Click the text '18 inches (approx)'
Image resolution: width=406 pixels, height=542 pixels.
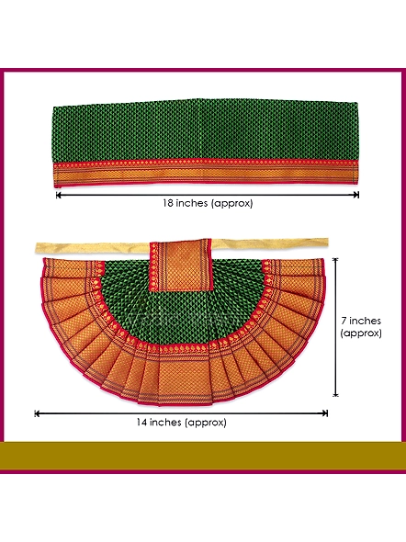tap(208, 203)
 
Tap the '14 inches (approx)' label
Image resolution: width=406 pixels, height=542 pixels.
tap(181, 422)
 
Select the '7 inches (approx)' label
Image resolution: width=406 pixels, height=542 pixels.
tap(361, 327)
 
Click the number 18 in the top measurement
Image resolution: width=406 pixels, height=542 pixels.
tap(168, 203)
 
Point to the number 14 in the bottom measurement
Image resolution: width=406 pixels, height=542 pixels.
tap(141, 422)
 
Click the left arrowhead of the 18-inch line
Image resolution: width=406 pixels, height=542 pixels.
tap(58, 196)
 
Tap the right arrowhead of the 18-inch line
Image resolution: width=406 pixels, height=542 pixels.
tap(356, 196)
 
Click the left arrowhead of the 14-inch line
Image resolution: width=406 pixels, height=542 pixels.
tap(37, 413)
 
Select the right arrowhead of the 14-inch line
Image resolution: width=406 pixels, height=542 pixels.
tap(325, 413)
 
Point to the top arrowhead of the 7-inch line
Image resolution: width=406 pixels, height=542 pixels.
tap(335, 260)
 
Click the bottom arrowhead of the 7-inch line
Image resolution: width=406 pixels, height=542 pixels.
tap(335, 394)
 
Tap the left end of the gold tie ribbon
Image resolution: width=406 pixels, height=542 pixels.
tap(37, 247)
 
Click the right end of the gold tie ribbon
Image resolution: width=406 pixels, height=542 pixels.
tap(326, 243)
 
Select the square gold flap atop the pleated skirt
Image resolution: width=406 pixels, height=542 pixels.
tap(181, 265)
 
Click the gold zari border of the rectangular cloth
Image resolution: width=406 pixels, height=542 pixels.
tap(207, 173)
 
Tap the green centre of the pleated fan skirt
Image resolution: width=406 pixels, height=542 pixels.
tap(180, 314)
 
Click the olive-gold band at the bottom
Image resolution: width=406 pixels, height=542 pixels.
tap(203, 456)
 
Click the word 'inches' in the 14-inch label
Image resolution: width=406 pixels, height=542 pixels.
tap(166, 422)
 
